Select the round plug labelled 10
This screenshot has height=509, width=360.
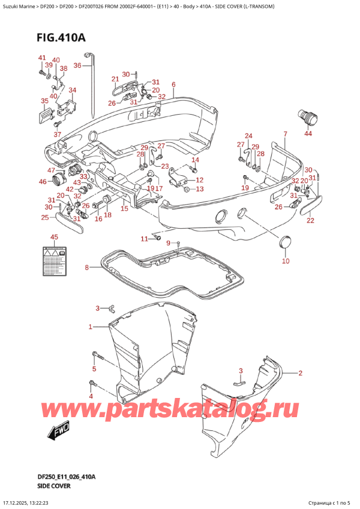pos(285,243)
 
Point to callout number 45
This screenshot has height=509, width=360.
pos(54,237)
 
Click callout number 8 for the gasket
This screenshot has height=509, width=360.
pos(86,267)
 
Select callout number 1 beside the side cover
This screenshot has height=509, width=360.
pos(90,327)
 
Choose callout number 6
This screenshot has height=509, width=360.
pos(173,84)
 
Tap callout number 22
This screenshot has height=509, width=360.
pos(310,220)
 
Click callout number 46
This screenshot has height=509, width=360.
pos(42,181)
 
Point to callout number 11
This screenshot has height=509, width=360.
pos(144,239)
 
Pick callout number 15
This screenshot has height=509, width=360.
pos(124,208)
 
